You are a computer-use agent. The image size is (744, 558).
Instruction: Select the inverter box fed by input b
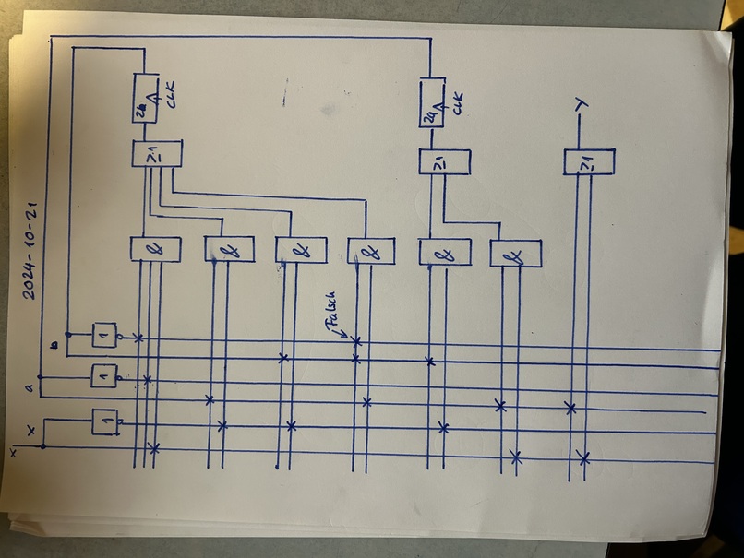(x=104, y=335)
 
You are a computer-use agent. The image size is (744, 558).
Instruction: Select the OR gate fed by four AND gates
(x=157, y=154)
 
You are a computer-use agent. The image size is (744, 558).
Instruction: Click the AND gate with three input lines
(x=156, y=249)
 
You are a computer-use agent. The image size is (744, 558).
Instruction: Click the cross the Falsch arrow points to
(x=357, y=341)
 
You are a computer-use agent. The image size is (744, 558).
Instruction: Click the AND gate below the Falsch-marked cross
(x=371, y=251)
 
